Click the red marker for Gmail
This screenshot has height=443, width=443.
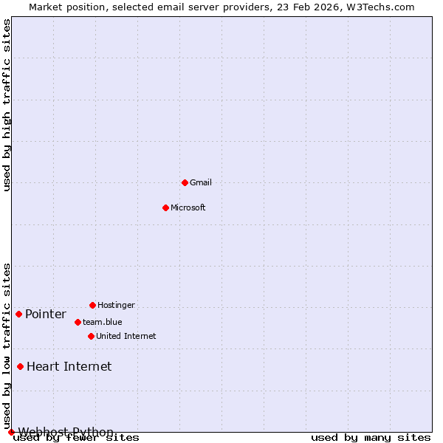pyautogui.click(x=185, y=182)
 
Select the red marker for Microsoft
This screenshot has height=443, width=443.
pyautogui.click(x=165, y=207)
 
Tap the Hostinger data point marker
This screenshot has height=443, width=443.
pyautogui.click(x=92, y=305)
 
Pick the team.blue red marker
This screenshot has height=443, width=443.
pyautogui.click(x=78, y=322)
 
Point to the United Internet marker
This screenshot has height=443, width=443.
pyautogui.click(x=91, y=336)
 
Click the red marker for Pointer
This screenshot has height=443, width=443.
pyautogui.click(x=18, y=314)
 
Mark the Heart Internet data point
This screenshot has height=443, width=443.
pyautogui.click(x=20, y=366)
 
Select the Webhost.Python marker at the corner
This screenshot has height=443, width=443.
pyautogui.click(x=11, y=432)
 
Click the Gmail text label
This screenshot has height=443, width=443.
pyautogui.click(x=201, y=182)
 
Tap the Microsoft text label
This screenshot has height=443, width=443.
pyautogui.click(x=188, y=207)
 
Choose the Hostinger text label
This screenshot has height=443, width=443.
pyautogui.click(x=116, y=305)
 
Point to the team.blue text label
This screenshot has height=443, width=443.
pyautogui.click(x=103, y=322)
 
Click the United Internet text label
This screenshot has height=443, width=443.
pyautogui.click(x=126, y=336)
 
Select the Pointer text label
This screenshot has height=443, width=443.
pyautogui.click(x=46, y=314)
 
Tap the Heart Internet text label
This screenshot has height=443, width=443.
pyautogui.click(x=69, y=366)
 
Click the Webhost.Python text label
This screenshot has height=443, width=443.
pyautogui.click(x=66, y=432)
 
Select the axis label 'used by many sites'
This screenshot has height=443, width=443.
pyautogui.click(x=371, y=437)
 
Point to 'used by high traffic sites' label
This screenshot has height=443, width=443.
pyautogui.click(x=7, y=105)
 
